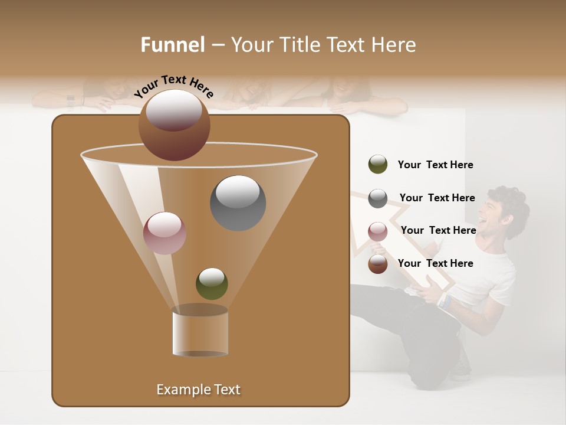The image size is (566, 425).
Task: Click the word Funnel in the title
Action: click(x=172, y=45)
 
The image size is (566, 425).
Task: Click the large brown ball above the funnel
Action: click(x=174, y=125)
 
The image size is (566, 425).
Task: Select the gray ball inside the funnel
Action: click(x=238, y=202)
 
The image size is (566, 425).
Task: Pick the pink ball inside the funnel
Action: click(x=164, y=233)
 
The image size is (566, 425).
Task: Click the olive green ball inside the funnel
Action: click(x=212, y=283)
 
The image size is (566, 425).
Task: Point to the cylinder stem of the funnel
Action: click(x=200, y=334)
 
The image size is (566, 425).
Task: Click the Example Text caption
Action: click(x=198, y=390)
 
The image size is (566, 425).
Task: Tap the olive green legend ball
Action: click(x=377, y=164)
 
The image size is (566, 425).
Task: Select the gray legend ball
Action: click(x=377, y=198)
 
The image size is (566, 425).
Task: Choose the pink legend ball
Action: click(x=377, y=231)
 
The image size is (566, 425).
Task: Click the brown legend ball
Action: click(x=377, y=264)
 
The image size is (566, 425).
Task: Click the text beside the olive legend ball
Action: click(x=435, y=165)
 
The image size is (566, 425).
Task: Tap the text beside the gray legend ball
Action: click(x=437, y=198)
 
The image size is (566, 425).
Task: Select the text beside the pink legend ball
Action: click(x=438, y=230)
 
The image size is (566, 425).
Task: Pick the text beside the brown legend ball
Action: click(x=435, y=263)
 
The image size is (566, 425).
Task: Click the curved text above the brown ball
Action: click(x=174, y=86)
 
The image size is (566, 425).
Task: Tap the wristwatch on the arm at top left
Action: click(x=71, y=100)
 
